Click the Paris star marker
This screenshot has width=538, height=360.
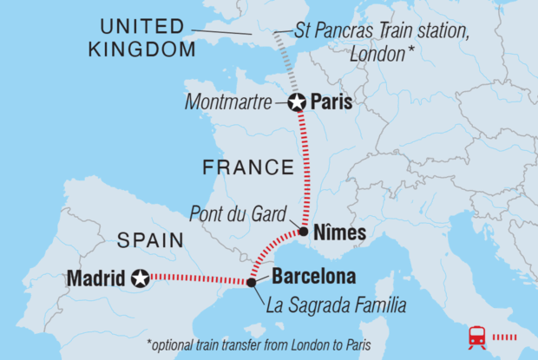[x=297, y=102]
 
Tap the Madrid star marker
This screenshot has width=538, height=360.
[x=140, y=278]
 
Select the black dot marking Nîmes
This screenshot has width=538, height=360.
[x=303, y=232]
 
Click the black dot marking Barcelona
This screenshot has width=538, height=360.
[x=251, y=282]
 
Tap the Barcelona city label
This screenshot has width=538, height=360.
[x=313, y=278]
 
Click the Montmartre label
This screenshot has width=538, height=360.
[x=230, y=102]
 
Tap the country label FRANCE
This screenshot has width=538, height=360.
[x=247, y=167]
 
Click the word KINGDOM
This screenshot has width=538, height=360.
[x=141, y=49]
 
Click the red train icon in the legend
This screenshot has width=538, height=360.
[x=477, y=335]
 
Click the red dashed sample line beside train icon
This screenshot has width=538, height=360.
[x=509, y=336]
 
